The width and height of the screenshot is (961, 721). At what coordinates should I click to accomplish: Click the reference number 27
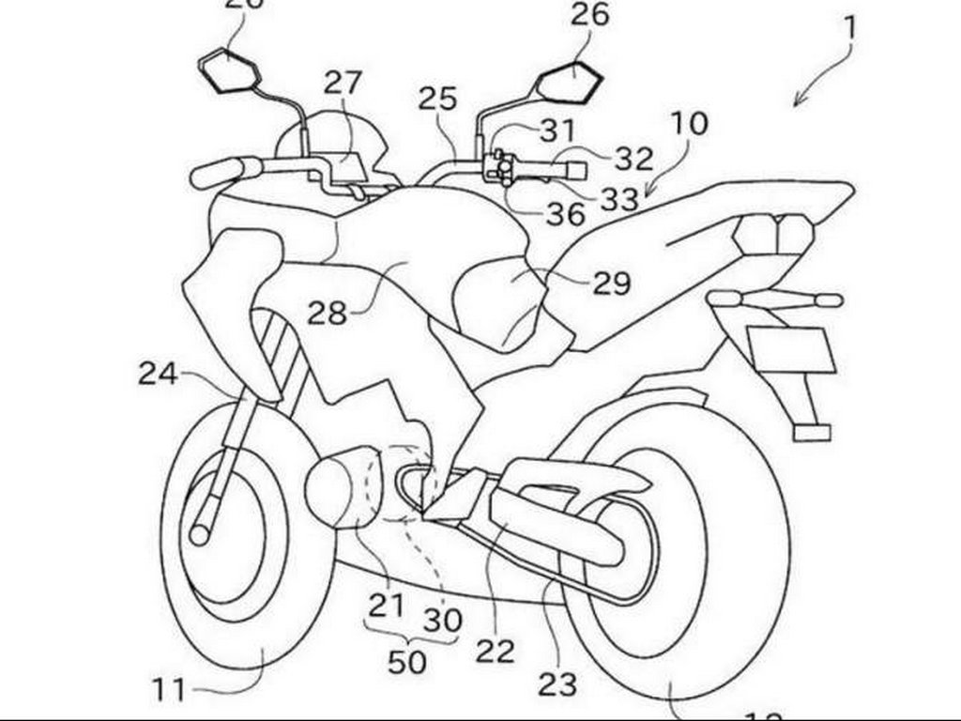[343, 84]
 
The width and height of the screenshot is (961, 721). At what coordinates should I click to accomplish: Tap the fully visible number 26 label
[588, 15]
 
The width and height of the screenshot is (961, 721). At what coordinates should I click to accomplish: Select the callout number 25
[438, 99]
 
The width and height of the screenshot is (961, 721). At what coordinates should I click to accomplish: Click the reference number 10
[689, 123]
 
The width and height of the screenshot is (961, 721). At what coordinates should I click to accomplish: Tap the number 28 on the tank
[328, 313]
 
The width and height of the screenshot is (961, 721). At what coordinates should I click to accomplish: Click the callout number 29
[610, 283]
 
